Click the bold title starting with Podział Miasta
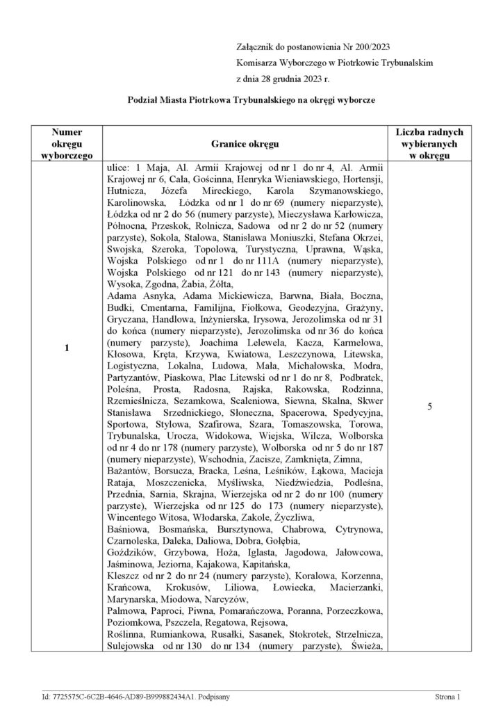[251, 100]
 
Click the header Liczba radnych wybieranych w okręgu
[430, 144]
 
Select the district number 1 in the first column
[67, 348]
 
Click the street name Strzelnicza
[354, 634]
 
